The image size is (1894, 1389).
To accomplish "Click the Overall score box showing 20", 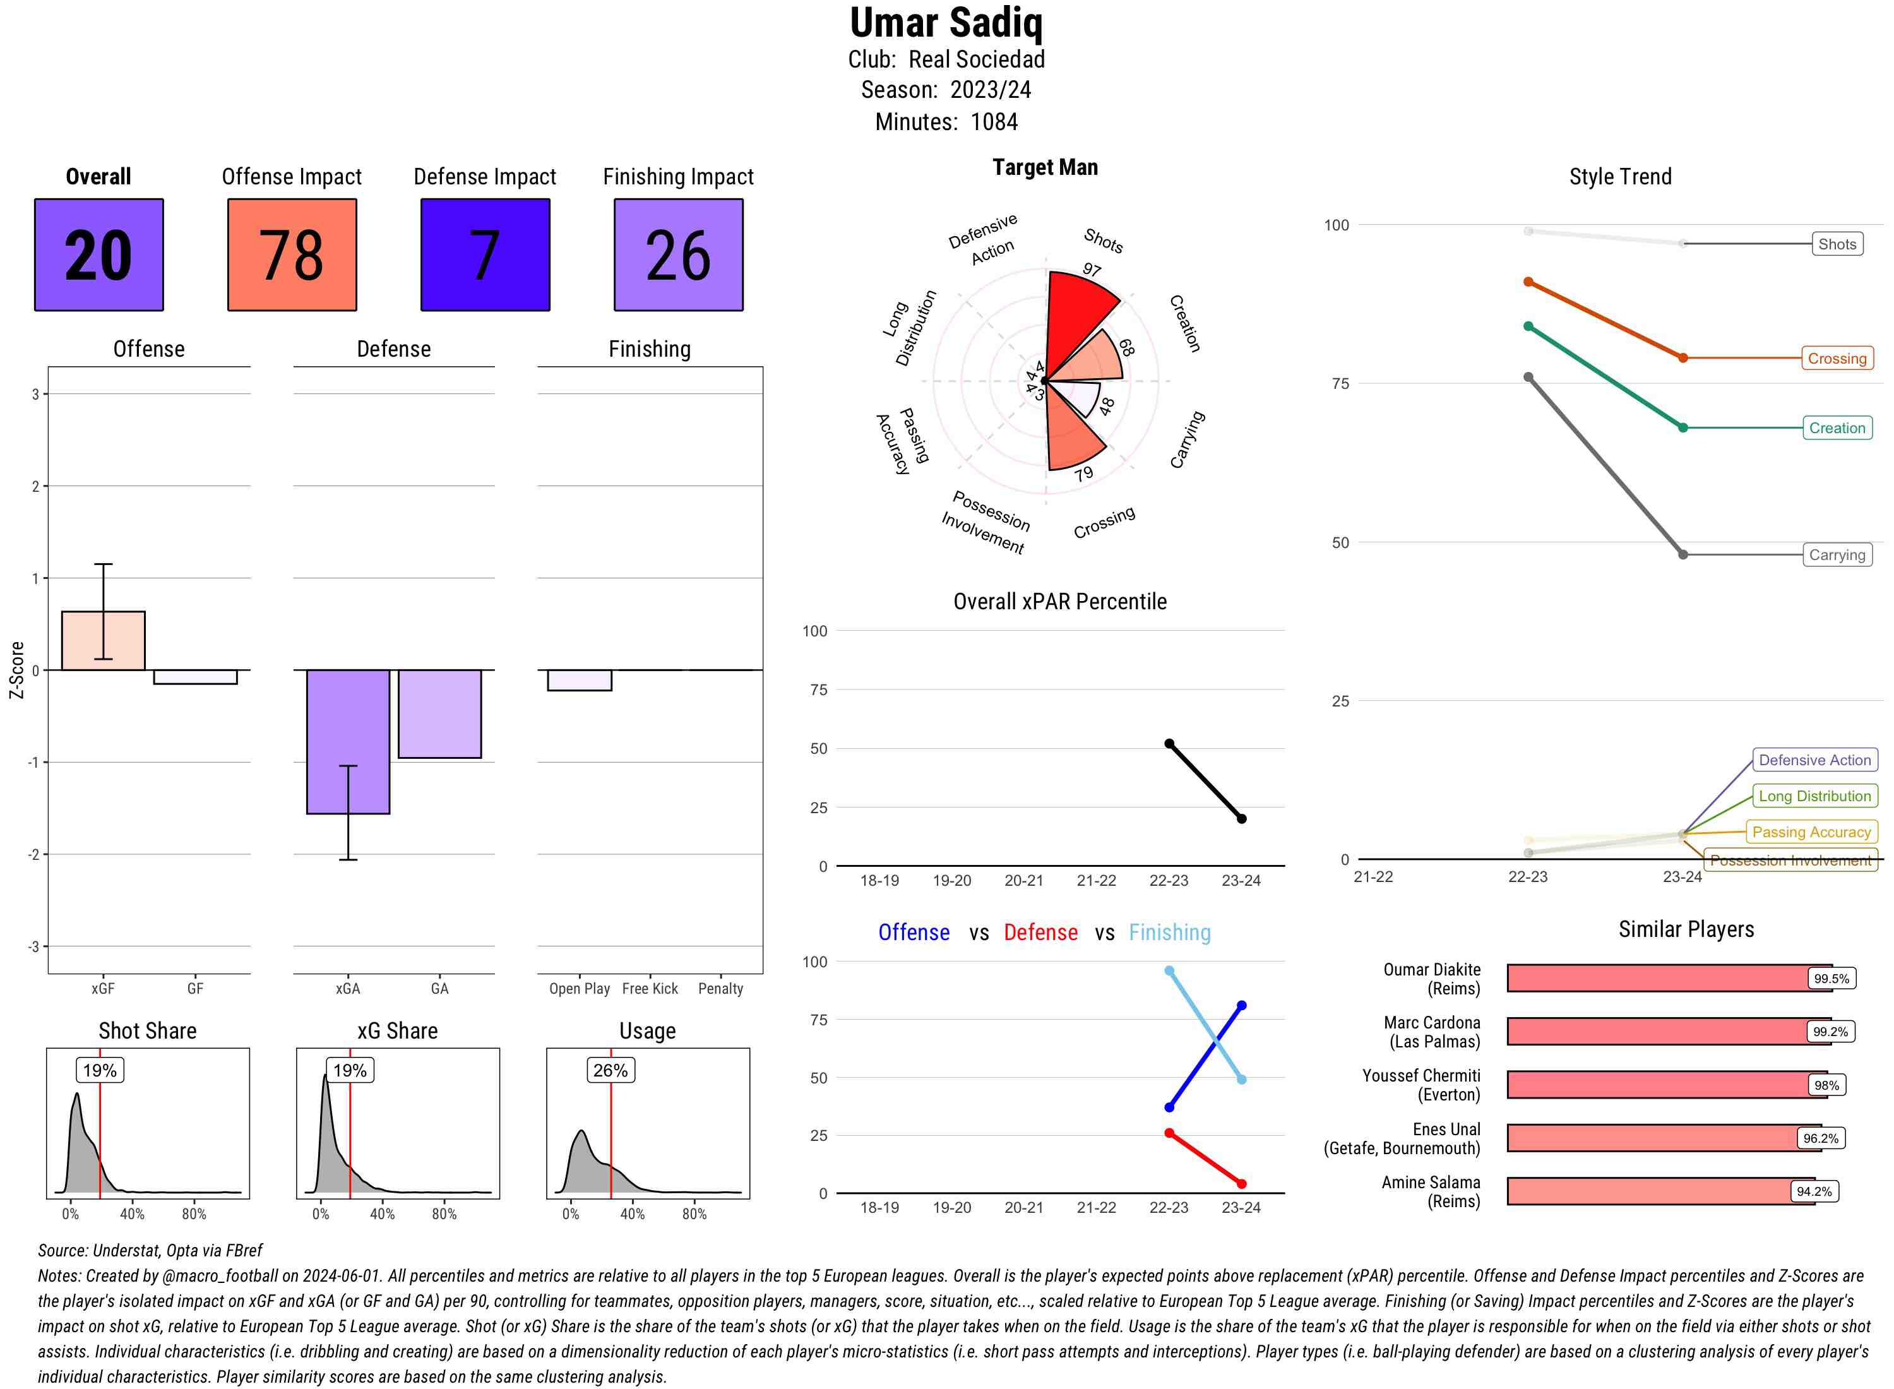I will point(98,255).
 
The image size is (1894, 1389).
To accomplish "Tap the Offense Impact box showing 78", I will point(292,255).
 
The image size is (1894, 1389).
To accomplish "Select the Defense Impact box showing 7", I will point(485,255).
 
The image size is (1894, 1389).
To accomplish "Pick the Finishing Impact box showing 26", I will point(679,255).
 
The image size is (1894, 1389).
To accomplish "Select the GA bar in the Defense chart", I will point(439,714).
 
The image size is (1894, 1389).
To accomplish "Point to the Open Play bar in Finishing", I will point(579,680).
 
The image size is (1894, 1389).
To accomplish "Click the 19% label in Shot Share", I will point(99,1070).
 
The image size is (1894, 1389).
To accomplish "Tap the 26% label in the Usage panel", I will point(610,1070).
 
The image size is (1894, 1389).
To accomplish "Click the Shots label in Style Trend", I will point(1837,244).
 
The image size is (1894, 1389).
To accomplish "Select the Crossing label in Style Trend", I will point(1837,358).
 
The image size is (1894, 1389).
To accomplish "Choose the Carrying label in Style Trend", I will point(1837,555).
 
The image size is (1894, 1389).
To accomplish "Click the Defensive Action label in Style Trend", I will point(1814,760).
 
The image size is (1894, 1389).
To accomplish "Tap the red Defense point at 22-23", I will point(1169,1133).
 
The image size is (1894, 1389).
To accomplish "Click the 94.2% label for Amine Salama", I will point(1813,1191).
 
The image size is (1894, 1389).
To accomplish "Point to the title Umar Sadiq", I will point(946,23).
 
